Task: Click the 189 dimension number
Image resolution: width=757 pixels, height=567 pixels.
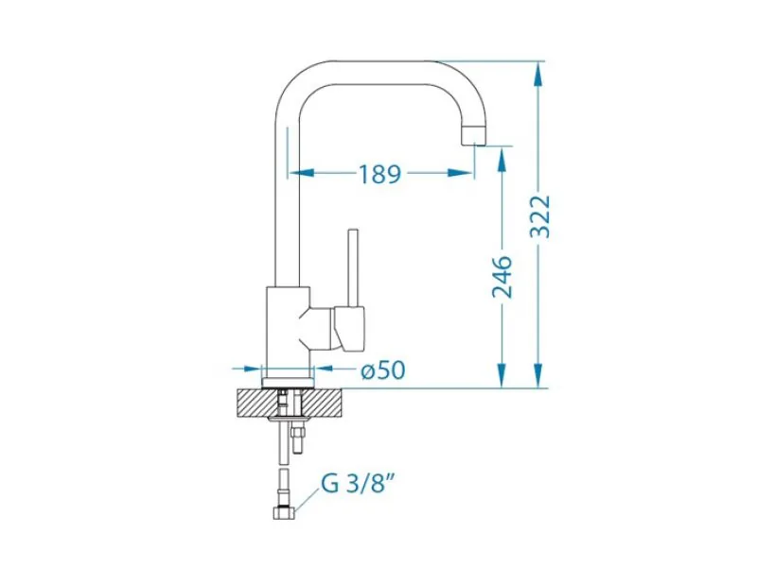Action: point(380,174)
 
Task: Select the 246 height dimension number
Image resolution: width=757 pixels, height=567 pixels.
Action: point(502,277)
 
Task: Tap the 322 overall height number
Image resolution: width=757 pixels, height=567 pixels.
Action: point(539,216)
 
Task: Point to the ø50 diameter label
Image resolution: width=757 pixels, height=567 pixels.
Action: point(383,369)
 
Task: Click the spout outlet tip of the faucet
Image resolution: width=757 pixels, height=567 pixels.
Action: point(473,136)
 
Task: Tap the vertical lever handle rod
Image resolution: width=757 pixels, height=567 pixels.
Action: point(353,267)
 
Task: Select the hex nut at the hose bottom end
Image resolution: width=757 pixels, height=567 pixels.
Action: point(283,512)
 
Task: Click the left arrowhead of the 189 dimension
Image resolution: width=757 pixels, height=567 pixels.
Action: point(302,172)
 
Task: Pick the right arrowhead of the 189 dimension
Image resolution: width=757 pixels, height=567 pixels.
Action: point(460,172)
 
